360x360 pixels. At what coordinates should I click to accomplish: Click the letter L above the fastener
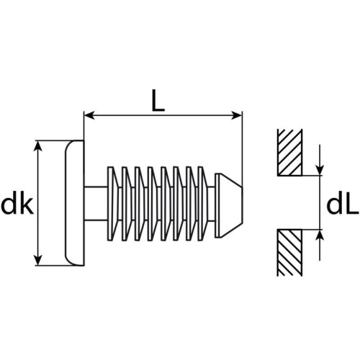pos(158,102)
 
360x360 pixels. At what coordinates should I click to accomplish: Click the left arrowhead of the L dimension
pos(89,116)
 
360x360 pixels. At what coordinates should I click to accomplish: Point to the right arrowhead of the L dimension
pos(236,116)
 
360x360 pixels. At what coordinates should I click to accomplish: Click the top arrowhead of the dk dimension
pos(38,146)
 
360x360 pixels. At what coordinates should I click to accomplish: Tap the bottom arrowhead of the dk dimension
pos(38,260)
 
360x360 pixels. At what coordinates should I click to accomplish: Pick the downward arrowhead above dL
pos(319,170)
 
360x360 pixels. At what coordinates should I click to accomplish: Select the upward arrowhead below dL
pos(319,235)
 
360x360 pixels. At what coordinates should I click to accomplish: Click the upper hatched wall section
pos(289,152)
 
